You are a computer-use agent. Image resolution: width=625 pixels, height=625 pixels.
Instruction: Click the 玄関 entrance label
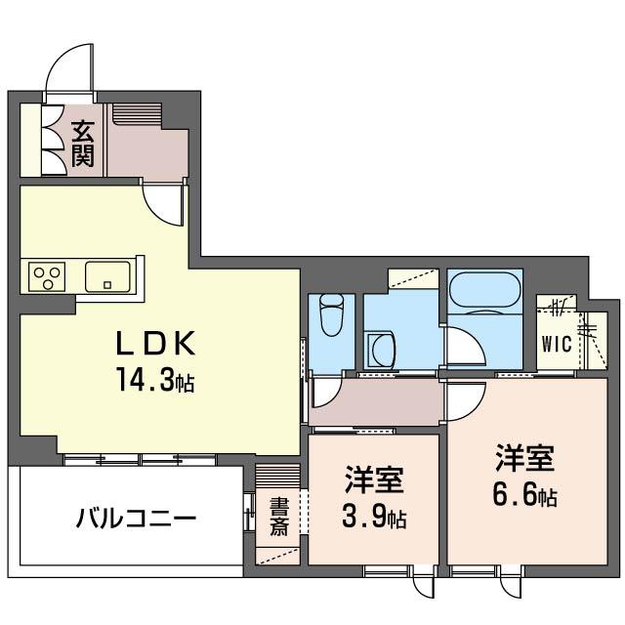pos(82,144)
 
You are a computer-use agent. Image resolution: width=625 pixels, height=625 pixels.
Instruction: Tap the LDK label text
pos(155,343)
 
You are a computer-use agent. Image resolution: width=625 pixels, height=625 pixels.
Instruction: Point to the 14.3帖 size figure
pos(155,380)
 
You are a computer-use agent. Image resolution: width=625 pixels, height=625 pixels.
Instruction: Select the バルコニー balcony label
pos(137,519)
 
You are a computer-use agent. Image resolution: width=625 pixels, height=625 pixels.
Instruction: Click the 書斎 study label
pos(278,517)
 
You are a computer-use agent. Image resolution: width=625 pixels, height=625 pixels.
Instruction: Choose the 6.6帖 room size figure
pos(524,495)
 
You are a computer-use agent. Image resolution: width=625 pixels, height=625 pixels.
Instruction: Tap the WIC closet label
pos(557,344)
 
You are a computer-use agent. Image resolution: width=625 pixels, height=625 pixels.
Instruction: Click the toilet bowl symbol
pos(332,314)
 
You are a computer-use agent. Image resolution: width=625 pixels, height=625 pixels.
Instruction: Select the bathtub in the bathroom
pos(484,290)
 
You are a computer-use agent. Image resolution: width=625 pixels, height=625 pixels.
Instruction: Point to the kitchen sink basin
pos(107,275)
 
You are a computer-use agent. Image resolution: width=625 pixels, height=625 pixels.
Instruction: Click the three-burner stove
pos(47,276)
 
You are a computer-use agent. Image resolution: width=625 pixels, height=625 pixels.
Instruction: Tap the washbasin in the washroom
pos(382,350)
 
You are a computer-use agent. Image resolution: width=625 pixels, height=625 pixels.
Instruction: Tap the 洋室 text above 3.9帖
pos(374,479)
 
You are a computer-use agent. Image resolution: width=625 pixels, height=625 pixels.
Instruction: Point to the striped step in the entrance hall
pos(137,115)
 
